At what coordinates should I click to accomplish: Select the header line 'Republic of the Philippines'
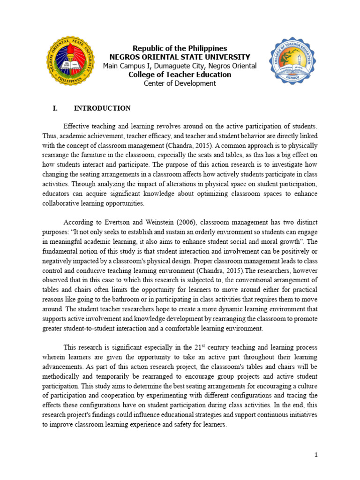180,49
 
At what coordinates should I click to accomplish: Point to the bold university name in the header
180,57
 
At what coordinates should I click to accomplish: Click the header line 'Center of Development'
180,83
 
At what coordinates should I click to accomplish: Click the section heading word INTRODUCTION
102,108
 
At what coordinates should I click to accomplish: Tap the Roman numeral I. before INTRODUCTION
55,108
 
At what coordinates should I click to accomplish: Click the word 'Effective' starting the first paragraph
78,126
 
